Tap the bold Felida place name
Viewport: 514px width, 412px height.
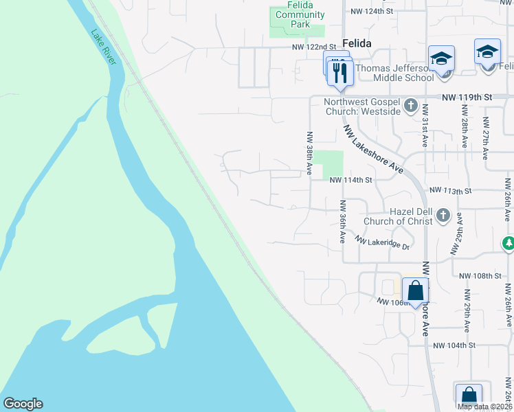(x=354, y=43)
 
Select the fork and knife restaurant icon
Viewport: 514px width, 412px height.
(x=340, y=71)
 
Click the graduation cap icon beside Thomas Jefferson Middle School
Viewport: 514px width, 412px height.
(x=441, y=58)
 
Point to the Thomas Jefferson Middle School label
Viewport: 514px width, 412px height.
(x=394, y=73)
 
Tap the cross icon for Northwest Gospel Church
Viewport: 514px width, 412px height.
(x=411, y=106)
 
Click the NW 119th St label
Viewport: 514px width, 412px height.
(x=467, y=98)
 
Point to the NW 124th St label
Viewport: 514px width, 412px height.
(x=371, y=12)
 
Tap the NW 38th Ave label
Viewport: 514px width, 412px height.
(x=310, y=152)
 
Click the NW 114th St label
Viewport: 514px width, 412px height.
(x=350, y=180)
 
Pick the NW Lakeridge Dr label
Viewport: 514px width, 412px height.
(x=382, y=242)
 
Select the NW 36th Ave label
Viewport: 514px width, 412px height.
(x=342, y=222)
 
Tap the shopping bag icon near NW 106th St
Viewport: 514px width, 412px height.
(x=415, y=291)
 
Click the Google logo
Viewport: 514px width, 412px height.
(x=23, y=404)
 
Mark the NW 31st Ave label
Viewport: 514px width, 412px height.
(x=425, y=123)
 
